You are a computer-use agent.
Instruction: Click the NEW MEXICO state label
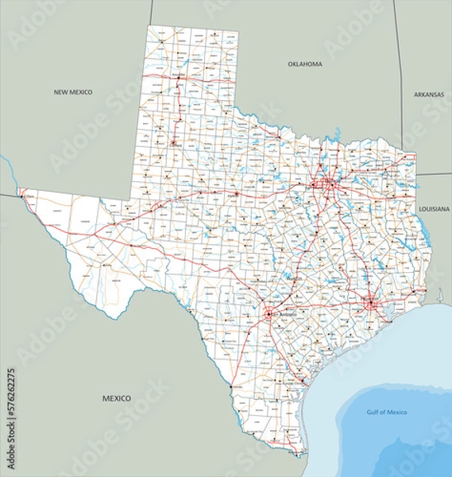(x=73, y=92)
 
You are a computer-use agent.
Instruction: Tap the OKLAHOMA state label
(x=305, y=64)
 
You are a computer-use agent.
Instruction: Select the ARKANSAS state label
(x=429, y=94)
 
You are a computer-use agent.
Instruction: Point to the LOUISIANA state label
(x=434, y=208)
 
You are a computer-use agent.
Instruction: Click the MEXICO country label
(x=117, y=396)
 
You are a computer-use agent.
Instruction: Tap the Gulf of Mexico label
(x=387, y=412)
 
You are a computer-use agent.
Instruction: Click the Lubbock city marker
(x=172, y=142)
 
